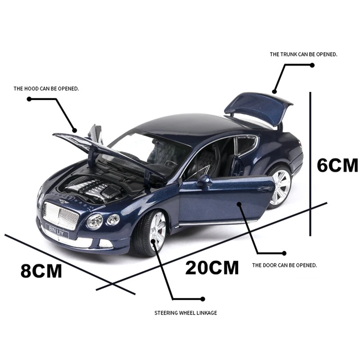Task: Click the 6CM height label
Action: (337, 165)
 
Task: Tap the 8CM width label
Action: (41, 271)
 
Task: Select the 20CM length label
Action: (212, 268)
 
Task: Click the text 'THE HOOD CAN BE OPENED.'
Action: (46, 89)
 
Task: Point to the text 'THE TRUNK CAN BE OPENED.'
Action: (303, 54)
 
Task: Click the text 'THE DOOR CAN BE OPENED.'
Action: (284, 265)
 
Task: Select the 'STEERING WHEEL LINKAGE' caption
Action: (186, 313)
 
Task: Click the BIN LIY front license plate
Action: (57, 230)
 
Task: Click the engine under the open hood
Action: (92, 188)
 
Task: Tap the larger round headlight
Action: (94, 221)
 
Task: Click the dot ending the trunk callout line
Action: (312, 65)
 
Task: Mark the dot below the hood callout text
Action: (29, 99)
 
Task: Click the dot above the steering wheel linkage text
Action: (202, 299)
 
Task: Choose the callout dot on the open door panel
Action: (239, 204)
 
